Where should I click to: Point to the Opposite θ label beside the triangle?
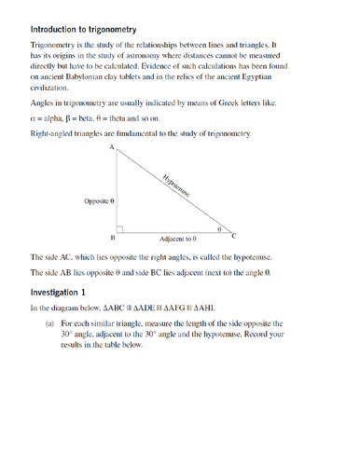coord(99,200)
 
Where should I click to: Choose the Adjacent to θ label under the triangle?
coord(176,240)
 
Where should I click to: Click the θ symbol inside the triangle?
coord(218,226)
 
